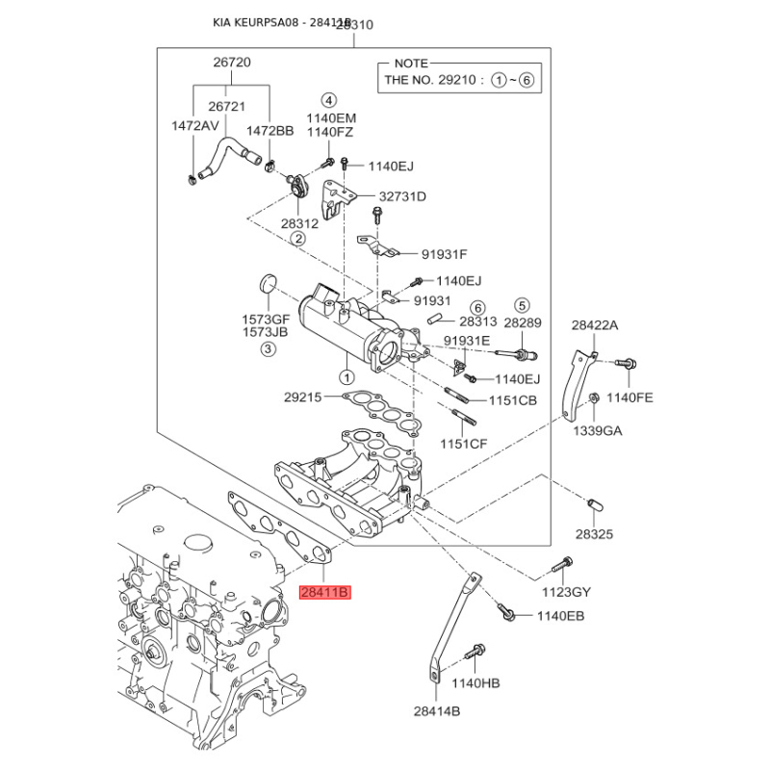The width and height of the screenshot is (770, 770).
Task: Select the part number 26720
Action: click(x=231, y=63)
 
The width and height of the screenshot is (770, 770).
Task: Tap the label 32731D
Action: click(x=401, y=197)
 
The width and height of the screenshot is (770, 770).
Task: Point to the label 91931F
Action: click(x=444, y=254)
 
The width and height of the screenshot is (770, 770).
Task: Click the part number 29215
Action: click(x=304, y=397)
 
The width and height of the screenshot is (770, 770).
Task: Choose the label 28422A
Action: click(x=595, y=325)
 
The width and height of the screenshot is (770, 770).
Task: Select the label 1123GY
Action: click(x=566, y=592)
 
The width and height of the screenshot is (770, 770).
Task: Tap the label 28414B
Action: click(x=438, y=711)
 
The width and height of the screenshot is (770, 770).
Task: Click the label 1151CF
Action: click(x=464, y=444)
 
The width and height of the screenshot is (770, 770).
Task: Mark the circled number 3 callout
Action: click(x=268, y=351)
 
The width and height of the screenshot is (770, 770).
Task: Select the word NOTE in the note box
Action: click(x=412, y=63)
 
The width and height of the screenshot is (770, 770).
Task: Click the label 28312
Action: click(x=300, y=222)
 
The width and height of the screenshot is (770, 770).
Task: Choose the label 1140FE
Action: click(x=629, y=397)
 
